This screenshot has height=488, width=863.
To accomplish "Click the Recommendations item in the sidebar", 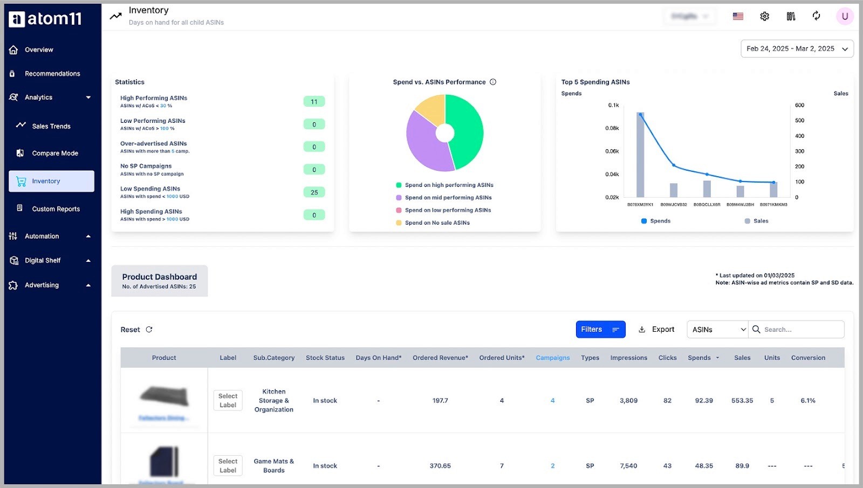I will (x=52, y=74).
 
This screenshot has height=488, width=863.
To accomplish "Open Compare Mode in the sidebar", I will (x=54, y=154).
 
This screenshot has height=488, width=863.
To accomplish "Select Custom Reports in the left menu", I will (x=56, y=209).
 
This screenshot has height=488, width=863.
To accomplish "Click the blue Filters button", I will (x=600, y=330).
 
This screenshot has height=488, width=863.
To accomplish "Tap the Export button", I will (x=656, y=330).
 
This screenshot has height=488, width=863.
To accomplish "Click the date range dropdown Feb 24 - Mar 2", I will (x=796, y=49).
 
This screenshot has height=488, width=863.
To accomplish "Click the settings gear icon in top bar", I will (x=764, y=17).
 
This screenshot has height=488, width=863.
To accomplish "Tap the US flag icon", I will (x=738, y=17).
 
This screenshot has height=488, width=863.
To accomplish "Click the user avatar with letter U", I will (x=844, y=17).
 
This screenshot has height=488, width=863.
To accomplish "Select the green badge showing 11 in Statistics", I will (x=314, y=102).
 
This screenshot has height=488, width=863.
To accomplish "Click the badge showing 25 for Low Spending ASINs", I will (x=314, y=192).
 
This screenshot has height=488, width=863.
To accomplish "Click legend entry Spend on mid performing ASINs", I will (x=448, y=198).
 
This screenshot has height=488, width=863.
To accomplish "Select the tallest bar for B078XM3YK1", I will (x=640, y=156).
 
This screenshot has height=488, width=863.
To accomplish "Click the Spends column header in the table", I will (x=699, y=358).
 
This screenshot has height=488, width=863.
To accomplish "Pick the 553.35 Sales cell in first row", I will (x=742, y=401).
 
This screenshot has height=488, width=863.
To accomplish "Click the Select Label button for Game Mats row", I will (x=228, y=466).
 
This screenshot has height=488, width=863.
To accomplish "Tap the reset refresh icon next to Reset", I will (x=149, y=330).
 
